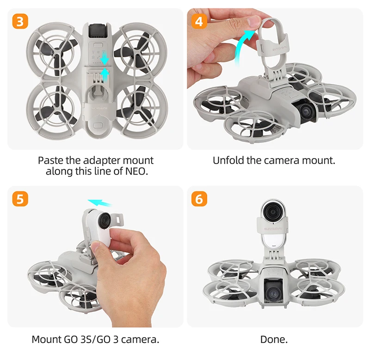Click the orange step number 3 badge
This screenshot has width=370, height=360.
click(x=20, y=21)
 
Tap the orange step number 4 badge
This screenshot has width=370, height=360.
click(x=199, y=21)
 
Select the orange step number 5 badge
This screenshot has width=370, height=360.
click(x=20, y=199)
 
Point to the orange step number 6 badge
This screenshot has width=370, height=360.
click(x=199, y=199)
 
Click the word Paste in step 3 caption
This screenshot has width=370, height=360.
click(x=50, y=160)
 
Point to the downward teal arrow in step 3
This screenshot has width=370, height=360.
click(x=105, y=58)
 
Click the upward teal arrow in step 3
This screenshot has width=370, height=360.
click(x=105, y=74)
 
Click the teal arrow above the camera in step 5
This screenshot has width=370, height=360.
click(x=99, y=202)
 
